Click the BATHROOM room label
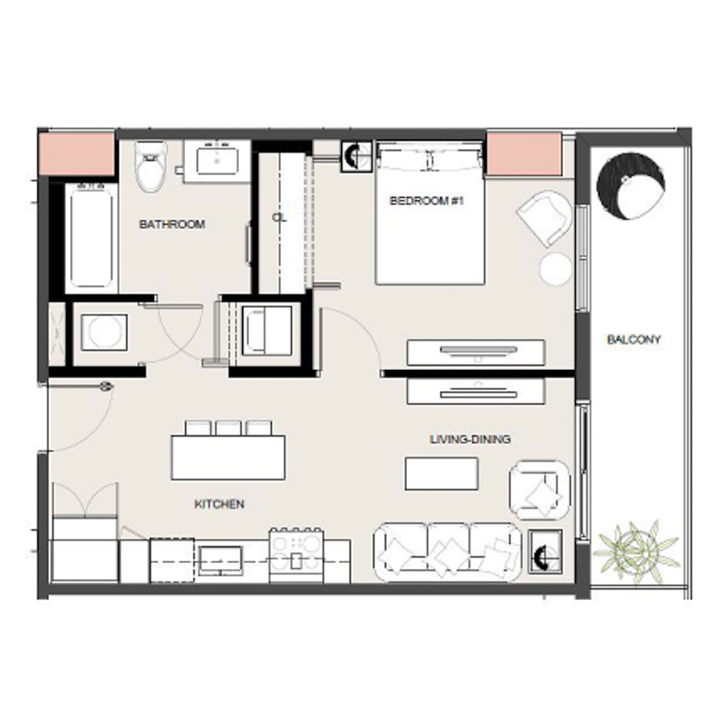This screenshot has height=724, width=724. (x=171, y=224)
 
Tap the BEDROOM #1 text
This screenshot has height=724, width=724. (x=427, y=201)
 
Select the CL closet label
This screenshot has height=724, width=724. (x=279, y=217)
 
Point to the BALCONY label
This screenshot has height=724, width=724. (x=633, y=339)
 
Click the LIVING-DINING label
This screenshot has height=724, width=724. (x=470, y=439)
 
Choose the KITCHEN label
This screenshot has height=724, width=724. (x=219, y=504)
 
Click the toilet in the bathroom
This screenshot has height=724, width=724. (x=150, y=166)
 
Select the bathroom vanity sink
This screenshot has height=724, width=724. (x=217, y=159)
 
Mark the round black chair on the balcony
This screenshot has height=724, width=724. (x=631, y=186)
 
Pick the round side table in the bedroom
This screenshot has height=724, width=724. (x=555, y=269)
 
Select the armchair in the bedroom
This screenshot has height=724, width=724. (x=545, y=217)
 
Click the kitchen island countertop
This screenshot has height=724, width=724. (x=228, y=458)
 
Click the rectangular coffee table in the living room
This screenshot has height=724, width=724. (x=441, y=473)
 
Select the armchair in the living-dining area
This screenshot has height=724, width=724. (x=539, y=490)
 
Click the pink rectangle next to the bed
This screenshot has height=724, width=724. (x=523, y=154)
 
